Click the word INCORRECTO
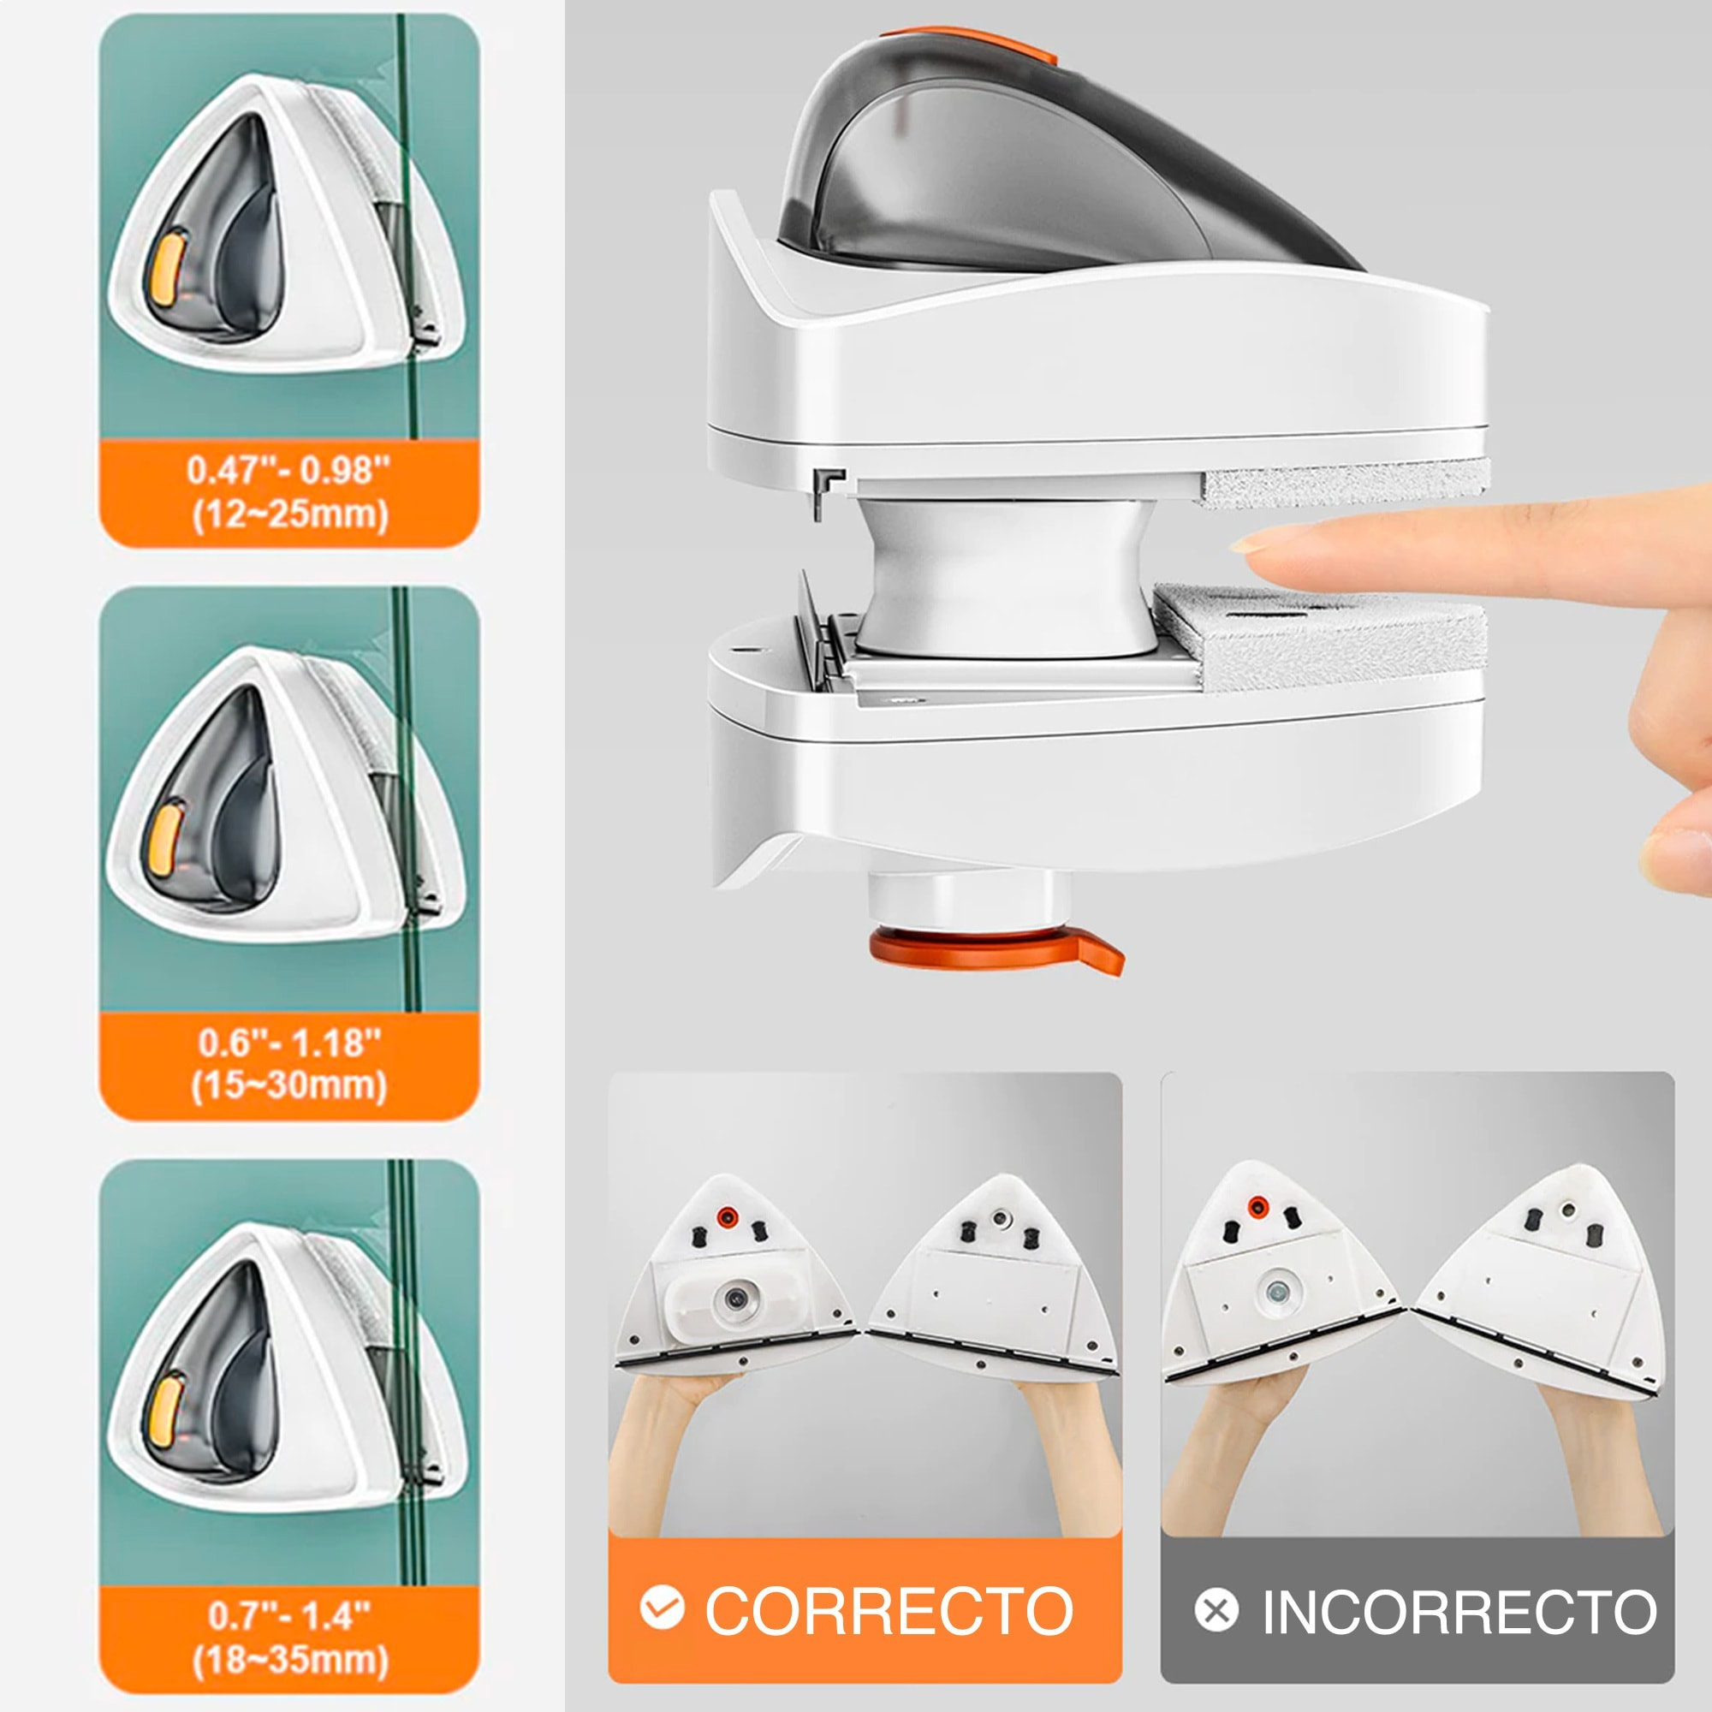pyautogui.click(x=1459, y=1610)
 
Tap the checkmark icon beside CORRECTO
pyautogui.click(x=662, y=1608)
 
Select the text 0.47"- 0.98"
pyautogui.click(x=288, y=471)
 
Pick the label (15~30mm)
pyautogui.click(x=288, y=1086)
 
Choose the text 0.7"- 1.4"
pyautogui.click(x=288, y=1614)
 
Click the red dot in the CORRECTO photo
pyautogui.click(x=727, y=1216)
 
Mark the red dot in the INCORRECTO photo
pyautogui.click(x=1257, y=1206)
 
